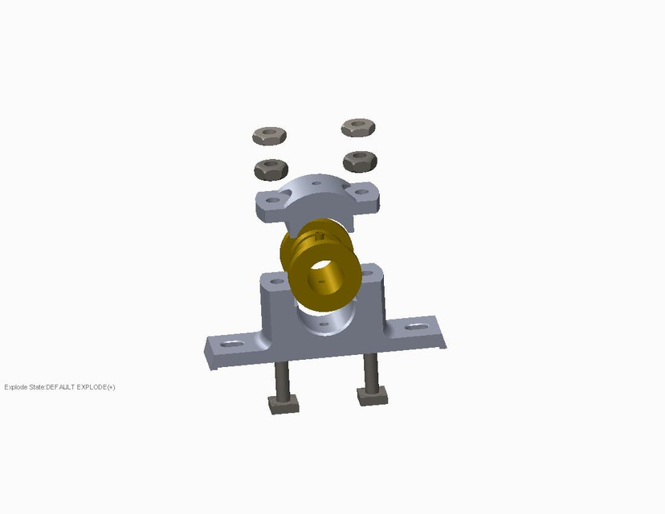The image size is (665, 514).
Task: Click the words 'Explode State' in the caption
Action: click(23, 387)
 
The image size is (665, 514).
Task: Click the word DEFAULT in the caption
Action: click(60, 387)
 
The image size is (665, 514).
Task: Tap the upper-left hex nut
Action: click(269, 135)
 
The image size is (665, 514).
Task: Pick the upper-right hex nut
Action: click(357, 127)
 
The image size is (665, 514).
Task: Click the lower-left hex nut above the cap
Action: click(271, 168)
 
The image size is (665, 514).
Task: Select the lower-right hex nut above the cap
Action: click(359, 159)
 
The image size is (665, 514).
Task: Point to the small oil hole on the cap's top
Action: click(315, 184)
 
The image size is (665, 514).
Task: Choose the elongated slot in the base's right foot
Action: click(415, 327)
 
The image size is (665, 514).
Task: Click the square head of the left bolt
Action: click(284, 404)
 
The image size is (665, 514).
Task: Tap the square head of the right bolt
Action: click(373, 395)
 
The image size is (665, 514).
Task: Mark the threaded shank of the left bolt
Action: click(284, 377)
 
